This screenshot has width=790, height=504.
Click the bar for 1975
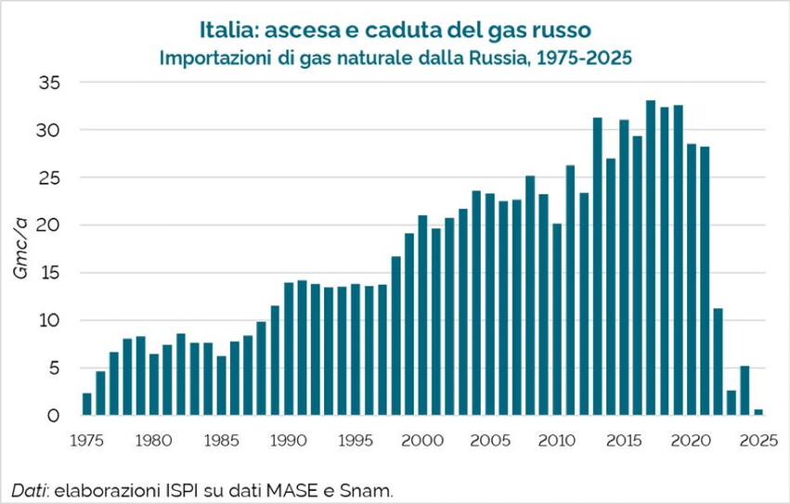(87, 405)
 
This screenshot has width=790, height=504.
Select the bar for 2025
(758, 412)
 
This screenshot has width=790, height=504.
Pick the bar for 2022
(719, 362)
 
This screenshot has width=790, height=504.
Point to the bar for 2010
(557, 319)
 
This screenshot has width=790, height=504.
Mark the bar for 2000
(422, 316)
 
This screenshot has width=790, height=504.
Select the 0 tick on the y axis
(54, 416)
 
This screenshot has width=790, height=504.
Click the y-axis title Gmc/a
(20, 249)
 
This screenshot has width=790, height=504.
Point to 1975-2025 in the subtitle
(584, 58)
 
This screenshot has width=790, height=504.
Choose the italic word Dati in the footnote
(29, 489)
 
